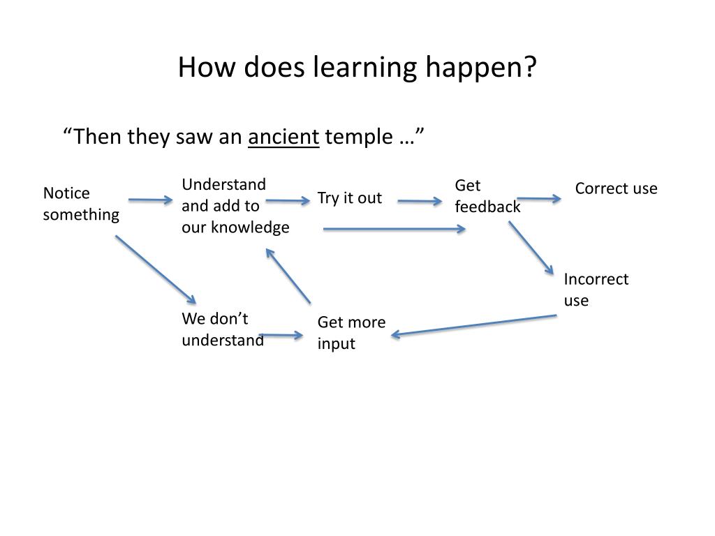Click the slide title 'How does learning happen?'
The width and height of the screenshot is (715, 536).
tap(357, 68)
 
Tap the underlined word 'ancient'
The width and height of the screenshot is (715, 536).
tap(283, 137)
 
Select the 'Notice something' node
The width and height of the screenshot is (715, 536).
tap(81, 204)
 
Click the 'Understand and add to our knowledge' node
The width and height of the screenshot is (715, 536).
tap(235, 206)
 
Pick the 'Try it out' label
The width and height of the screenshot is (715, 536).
tap(350, 198)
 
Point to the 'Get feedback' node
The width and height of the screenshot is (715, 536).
tap(487, 196)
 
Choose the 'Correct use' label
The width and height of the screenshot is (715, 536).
tap(616, 188)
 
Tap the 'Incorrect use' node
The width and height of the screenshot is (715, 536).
tap(596, 290)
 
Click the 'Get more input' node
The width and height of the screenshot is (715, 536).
tap(351, 333)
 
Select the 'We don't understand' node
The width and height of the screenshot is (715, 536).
tap(223, 329)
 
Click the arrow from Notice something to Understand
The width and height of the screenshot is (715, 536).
tap(150, 200)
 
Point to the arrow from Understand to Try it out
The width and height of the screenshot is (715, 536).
tap(288, 201)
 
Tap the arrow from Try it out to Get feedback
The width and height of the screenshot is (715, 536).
tap(420, 202)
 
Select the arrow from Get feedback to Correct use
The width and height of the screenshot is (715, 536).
tap(539, 199)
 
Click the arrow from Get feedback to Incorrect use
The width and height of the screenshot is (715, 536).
tap(531, 248)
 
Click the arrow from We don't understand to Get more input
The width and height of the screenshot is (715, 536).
tap(281, 336)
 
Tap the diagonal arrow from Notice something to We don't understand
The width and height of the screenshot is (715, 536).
tap(155, 269)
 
